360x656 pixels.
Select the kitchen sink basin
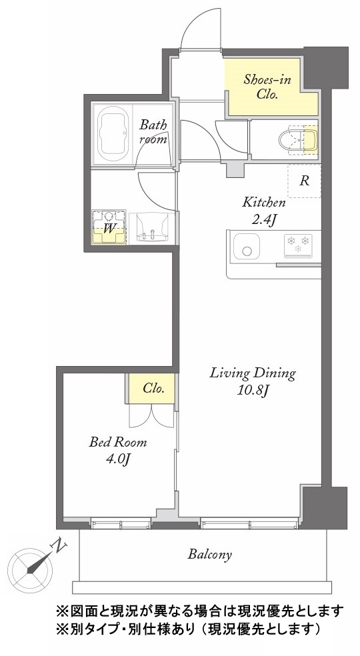click(x=246, y=247)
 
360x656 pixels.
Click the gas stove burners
click(x=299, y=245)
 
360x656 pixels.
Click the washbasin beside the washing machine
click(x=152, y=228)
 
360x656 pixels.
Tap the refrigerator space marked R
click(x=305, y=181)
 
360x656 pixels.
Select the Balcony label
click(x=209, y=555)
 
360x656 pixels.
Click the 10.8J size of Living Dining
click(x=253, y=391)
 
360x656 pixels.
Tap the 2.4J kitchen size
click(x=263, y=219)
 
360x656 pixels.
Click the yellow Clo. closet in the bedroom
click(x=151, y=389)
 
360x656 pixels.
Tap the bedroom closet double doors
click(x=151, y=416)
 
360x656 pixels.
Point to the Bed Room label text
click(x=117, y=442)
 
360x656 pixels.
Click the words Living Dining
click(x=253, y=373)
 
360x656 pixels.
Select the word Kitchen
click(x=264, y=203)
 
